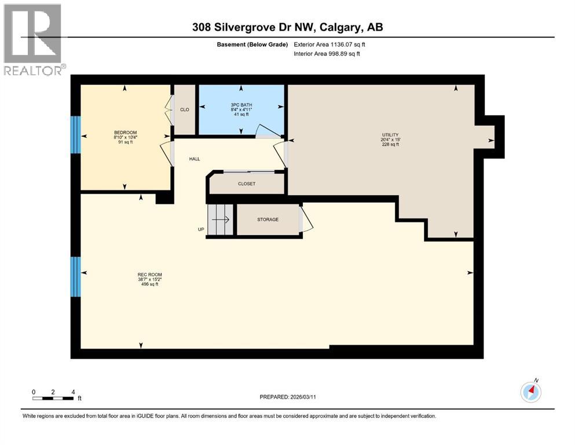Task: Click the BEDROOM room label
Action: [125, 133]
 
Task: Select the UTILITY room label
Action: [390, 135]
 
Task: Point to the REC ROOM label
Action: [149, 275]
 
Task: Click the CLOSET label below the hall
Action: [246, 184]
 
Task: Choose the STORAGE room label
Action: [268, 220]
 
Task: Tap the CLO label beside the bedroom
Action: [185, 110]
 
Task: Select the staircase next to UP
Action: [220, 220]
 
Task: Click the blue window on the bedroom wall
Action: [75, 134]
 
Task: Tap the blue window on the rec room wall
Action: [75, 276]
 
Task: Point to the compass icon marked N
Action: [530, 392]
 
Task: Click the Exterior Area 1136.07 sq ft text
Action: [329, 44]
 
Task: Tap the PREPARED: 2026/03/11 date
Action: [288, 397]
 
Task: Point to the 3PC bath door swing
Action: [266, 130]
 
